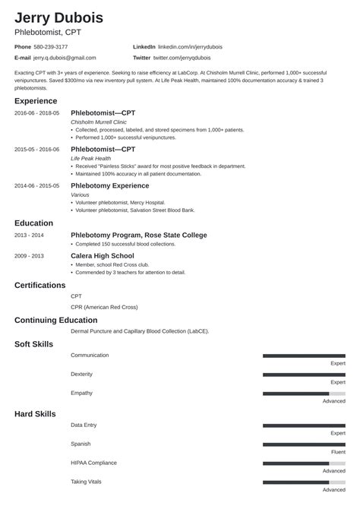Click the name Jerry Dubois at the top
[58, 17]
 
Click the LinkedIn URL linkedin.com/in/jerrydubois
[198, 46]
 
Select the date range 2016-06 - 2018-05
[36, 112]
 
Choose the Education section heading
[33, 223]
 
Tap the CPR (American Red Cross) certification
[105, 308]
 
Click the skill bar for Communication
[304, 356]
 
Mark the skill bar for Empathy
[304, 394]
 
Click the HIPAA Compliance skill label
[93, 463]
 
